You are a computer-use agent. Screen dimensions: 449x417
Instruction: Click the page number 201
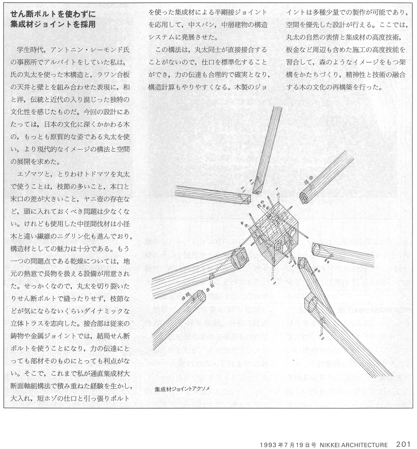tap(404, 444)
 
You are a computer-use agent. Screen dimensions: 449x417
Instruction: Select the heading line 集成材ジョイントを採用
tap(53, 25)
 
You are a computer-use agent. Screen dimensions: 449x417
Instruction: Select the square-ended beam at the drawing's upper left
tap(212, 196)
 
